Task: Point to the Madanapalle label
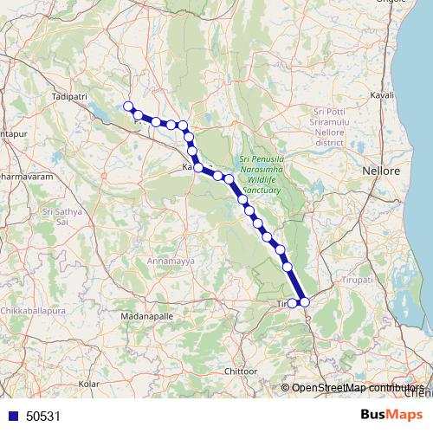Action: [x=122, y=318]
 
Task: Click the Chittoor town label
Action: [x=242, y=371]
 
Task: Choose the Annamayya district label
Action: [x=150, y=259]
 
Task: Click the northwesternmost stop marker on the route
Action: [x=128, y=107]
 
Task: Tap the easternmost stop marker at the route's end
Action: [x=304, y=302]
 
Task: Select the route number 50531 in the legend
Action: [x=43, y=417]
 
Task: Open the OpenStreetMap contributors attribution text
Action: [x=354, y=388]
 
